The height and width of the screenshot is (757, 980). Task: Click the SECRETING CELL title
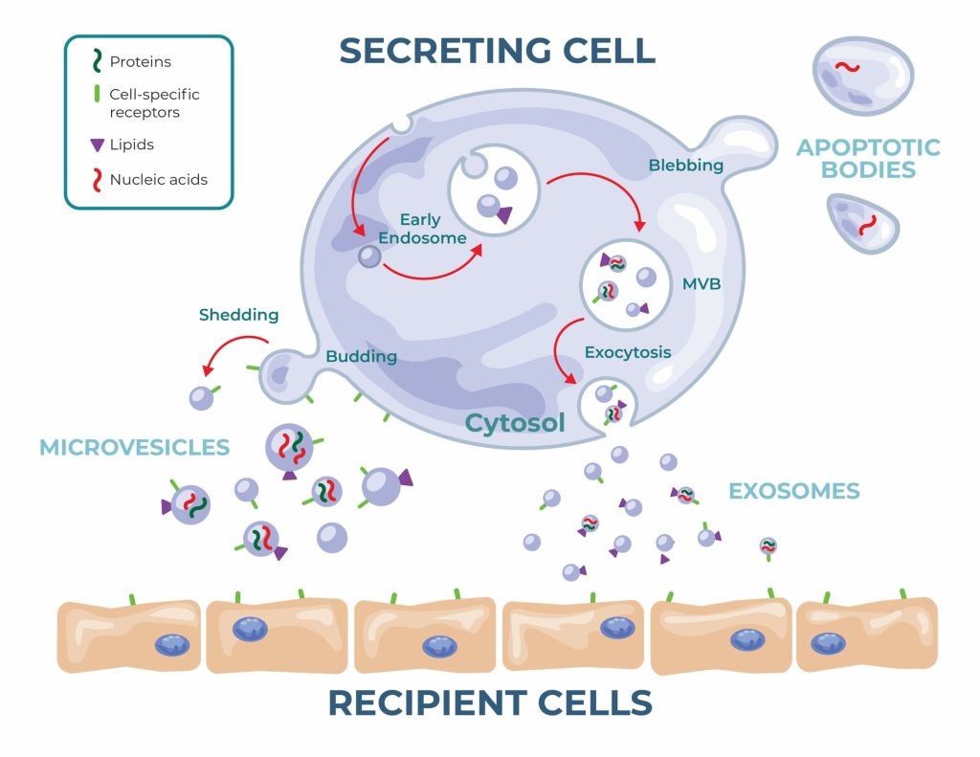(498, 50)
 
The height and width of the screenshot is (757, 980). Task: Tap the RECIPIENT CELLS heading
(490, 703)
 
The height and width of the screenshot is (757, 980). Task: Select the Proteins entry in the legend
(140, 62)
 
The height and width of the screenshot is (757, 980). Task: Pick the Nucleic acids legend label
(158, 179)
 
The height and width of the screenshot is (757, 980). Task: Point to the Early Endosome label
(433, 229)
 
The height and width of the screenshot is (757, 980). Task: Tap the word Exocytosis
(628, 352)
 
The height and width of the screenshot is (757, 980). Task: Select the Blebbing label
(685, 166)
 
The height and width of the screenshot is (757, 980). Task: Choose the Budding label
(361, 356)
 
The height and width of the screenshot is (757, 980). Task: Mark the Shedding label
(238, 315)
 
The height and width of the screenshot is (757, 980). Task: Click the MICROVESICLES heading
(134, 447)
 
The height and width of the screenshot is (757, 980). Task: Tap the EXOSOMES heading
(793, 492)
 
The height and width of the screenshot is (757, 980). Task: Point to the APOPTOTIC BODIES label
(868, 159)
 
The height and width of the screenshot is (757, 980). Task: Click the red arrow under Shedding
(234, 352)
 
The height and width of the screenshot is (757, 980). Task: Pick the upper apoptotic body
(862, 75)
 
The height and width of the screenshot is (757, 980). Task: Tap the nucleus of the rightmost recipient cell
(828, 642)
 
